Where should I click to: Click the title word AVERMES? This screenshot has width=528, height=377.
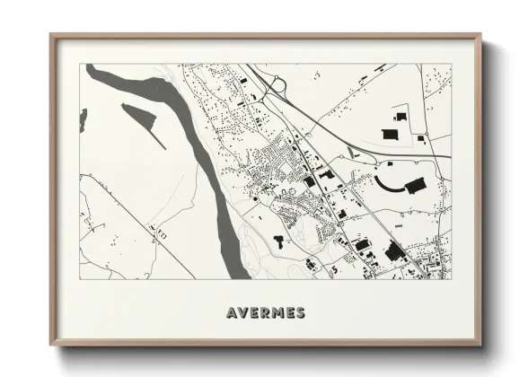tap(266, 313)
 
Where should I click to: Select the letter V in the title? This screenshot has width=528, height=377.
tap(244, 313)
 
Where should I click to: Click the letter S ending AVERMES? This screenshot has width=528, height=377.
tap(299, 313)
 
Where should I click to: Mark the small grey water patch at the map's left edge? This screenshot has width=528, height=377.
tap(83, 117)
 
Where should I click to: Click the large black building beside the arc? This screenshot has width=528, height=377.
tap(414, 187)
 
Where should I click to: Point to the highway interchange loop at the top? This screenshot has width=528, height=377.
tap(276, 85)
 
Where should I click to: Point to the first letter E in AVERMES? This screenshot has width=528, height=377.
tap(255, 313)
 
